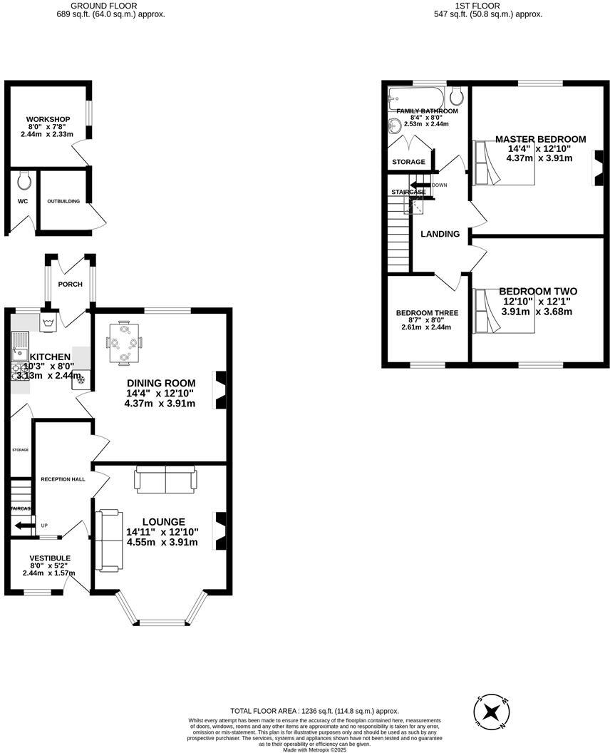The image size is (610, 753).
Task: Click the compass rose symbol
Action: tap(492, 711)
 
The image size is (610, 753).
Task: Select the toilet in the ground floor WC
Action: tap(24, 180)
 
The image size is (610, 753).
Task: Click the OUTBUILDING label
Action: tap(63, 201)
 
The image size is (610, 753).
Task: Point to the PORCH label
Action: tap(71, 285)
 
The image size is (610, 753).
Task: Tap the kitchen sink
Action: tap(19, 351)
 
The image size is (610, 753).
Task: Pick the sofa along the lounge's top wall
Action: tap(165, 480)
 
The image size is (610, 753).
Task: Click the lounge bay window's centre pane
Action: tap(160, 623)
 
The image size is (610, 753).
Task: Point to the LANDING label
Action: tap(440, 234)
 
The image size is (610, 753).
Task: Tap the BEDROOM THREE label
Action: tap(427, 313)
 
